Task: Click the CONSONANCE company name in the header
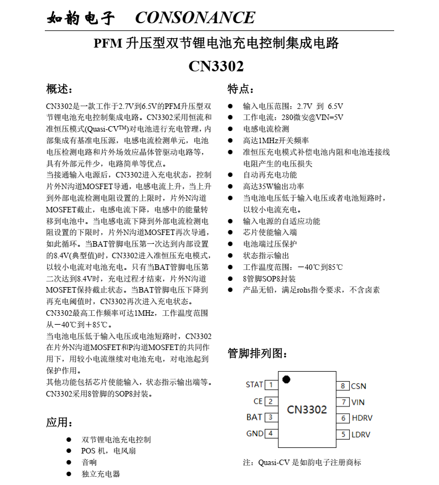coord(195,18)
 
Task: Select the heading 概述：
coord(59,89)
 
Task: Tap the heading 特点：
coord(242,89)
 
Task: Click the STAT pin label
coord(255,385)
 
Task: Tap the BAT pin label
coord(255,418)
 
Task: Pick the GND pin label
coord(255,434)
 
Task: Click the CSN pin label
coord(359,386)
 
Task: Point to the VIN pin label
coord(358,402)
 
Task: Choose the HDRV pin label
coord(361,418)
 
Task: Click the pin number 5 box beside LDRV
coord(343,434)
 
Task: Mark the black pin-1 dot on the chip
coord(286,379)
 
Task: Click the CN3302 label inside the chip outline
coord(307,410)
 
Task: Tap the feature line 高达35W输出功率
coord(273,186)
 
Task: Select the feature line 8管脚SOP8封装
coord(270,279)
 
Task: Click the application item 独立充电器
coord(101,474)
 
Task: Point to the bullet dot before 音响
coord(69,462)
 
